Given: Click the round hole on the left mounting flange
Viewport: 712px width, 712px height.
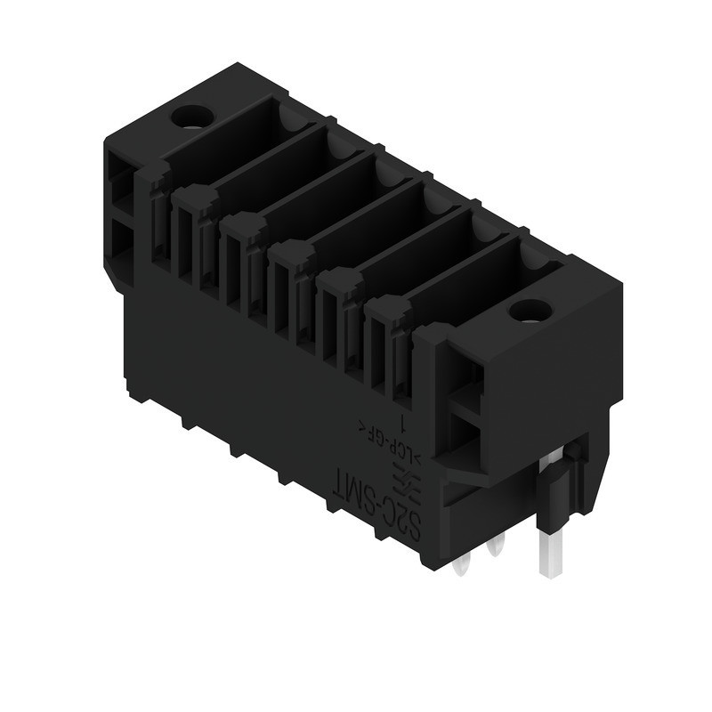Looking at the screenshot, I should click(x=189, y=117).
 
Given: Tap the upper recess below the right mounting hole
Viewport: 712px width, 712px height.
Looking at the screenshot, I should click(x=463, y=374).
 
